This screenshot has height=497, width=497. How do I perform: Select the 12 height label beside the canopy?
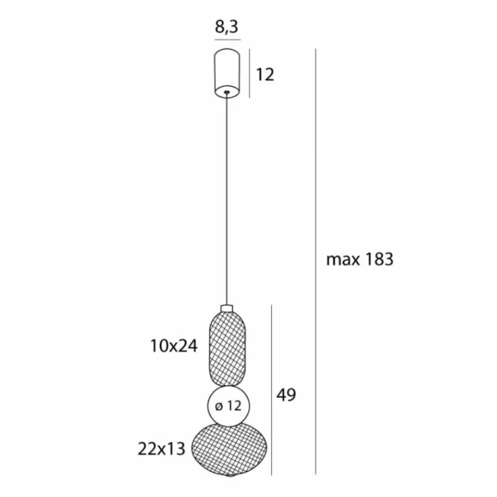[266, 75]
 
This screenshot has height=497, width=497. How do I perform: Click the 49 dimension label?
[286, 394]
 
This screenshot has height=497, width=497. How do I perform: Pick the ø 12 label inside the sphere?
[227, 406]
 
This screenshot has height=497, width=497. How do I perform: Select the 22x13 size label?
[162, 448]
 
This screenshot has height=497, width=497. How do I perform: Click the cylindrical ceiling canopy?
[227, 70]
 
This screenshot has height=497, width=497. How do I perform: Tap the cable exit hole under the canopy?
[227, 92]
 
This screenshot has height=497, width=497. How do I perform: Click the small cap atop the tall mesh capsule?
[227, 308]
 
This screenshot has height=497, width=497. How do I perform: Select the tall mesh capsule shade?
[227, 347]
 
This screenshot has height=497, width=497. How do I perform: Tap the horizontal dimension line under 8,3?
[227, 39]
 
